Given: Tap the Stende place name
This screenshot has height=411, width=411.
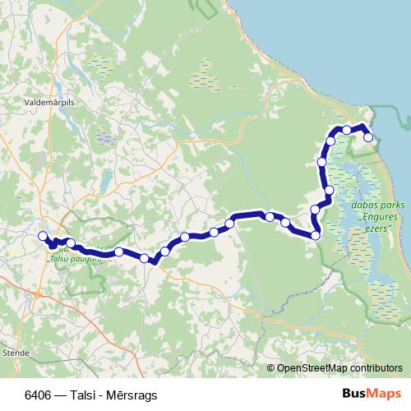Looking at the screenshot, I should pyautogui.click(x=16, y=352).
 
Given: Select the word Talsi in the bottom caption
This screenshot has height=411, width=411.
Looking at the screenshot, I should pyautogui.click(x=84, y=394).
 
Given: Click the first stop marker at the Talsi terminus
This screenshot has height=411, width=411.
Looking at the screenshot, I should pyautogui.click(x=43, y=236).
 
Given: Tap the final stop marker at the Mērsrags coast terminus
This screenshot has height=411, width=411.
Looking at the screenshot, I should pyautogui.click(x=368, y=137).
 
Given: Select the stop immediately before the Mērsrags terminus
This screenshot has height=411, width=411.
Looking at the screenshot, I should pyautogui.click(x=348, y=130).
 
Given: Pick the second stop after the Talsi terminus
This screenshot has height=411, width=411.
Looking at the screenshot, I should pyautogui.click(x=72, y=243).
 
